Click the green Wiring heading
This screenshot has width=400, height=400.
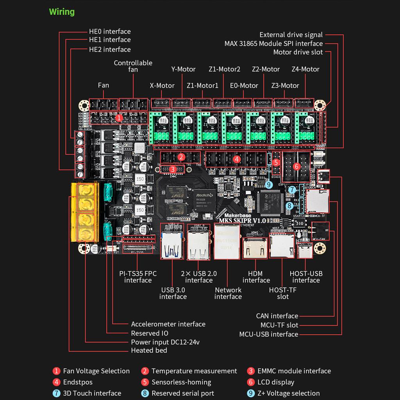tap(62, 12)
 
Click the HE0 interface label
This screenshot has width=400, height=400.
tap(110, 31)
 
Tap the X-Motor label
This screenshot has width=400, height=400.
tap(162, 86)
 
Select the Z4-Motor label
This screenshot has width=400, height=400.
tap(305, 69)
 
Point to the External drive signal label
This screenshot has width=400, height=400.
tap(291, 35)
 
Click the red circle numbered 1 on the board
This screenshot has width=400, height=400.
tap(120, 117)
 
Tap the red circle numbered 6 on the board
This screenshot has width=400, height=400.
tap(296, 166)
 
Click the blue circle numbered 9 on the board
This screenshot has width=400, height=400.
tap(268, 184)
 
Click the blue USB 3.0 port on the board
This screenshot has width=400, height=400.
tap(171, 245)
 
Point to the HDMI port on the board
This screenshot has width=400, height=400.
tap(252, 248)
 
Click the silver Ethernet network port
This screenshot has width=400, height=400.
tap(227, 241)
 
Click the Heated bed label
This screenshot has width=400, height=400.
tap(149, 350)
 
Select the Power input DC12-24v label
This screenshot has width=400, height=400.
tap(165, 342)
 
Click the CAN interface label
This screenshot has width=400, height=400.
tap(277, 316)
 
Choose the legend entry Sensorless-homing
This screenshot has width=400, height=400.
tap(181, 382)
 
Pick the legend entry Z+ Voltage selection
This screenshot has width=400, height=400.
tap(288, 393)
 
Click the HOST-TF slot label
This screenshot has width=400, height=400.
tap(283, 293)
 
